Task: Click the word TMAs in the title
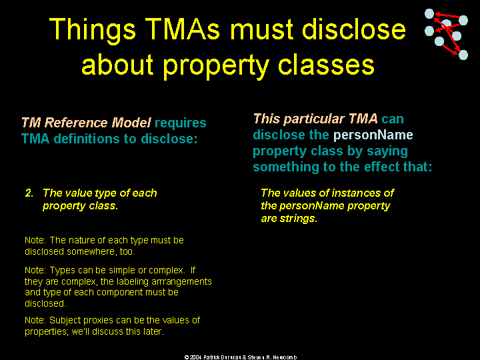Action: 182,29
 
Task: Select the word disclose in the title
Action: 353,29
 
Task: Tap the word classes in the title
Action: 326,64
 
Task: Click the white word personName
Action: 373,135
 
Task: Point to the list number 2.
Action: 29,193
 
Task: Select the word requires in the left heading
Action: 180,123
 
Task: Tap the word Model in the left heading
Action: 131,123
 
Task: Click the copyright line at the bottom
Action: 240,357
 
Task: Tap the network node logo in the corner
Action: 446,34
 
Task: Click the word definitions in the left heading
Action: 87,139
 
